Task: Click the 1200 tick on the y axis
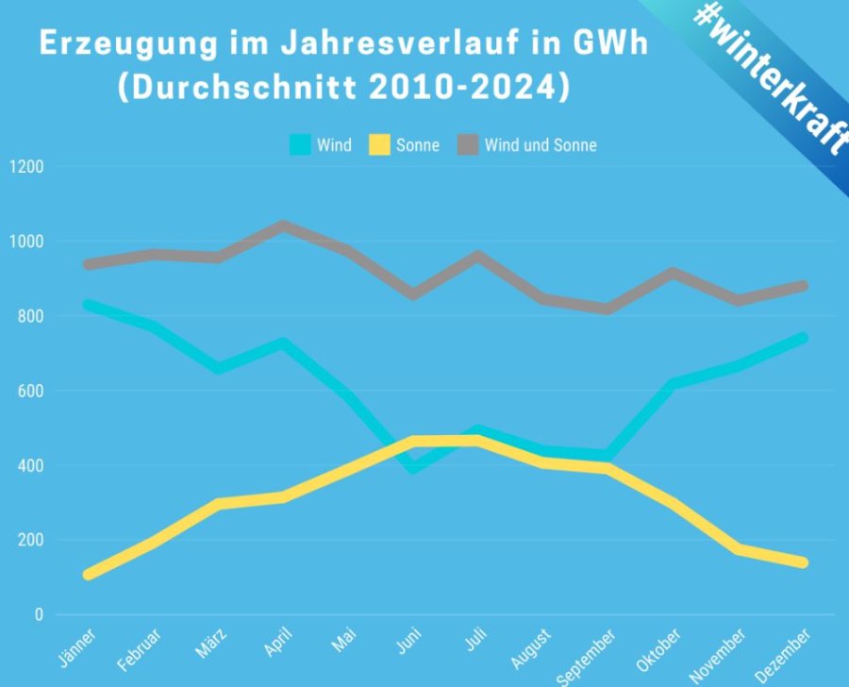pyautogui.click(x=25, y=167)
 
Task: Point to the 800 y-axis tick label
pyautogui.click(x=30, y=316)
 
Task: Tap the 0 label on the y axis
pyautogui.click(x=39, y=615)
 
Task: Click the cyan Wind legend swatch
pyautogui.click(x=300, y=145)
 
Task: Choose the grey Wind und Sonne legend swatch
pyautogui.click(x=469, y=145)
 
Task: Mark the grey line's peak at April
pyautogui.click(x=282, y=226)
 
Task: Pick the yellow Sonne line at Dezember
pyautogui.click(x=804, y=562)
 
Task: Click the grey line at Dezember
pyautogui.click(x=804, y=286)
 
